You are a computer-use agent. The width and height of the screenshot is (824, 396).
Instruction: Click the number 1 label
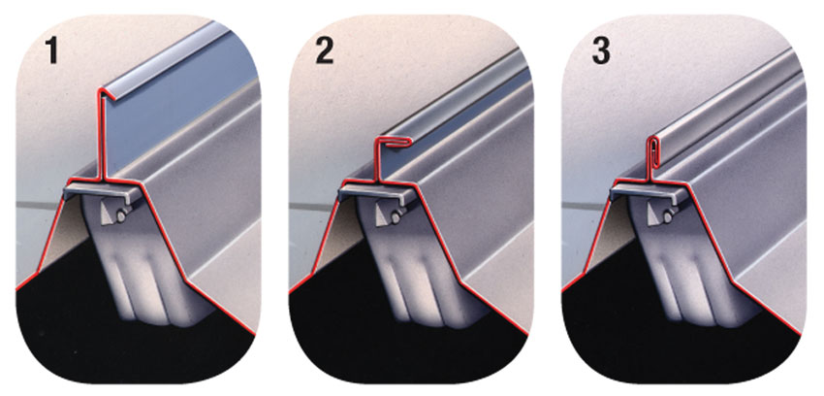coord(51,50)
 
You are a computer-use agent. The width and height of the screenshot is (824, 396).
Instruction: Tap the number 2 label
coord(324,50)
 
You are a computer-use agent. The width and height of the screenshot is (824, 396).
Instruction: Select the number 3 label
coord(601,50)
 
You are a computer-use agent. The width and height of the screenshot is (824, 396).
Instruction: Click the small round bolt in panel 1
coord(122,215)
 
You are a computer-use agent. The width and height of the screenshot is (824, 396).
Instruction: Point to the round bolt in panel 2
coord(396,215)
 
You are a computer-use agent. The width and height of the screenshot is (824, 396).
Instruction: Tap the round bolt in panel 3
coord(668,215)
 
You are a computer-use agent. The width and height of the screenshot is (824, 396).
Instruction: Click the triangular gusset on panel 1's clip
coord(109,214)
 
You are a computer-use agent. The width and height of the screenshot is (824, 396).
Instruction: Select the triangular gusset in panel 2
coord(382,214)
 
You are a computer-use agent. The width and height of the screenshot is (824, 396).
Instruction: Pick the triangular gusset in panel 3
coord(654,214)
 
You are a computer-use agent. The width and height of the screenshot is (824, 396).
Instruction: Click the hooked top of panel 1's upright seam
coord(107,92)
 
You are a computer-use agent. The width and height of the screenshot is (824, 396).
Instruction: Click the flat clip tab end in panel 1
coord(71,190)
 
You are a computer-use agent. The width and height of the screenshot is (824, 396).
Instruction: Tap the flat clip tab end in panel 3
coord(617,190)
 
